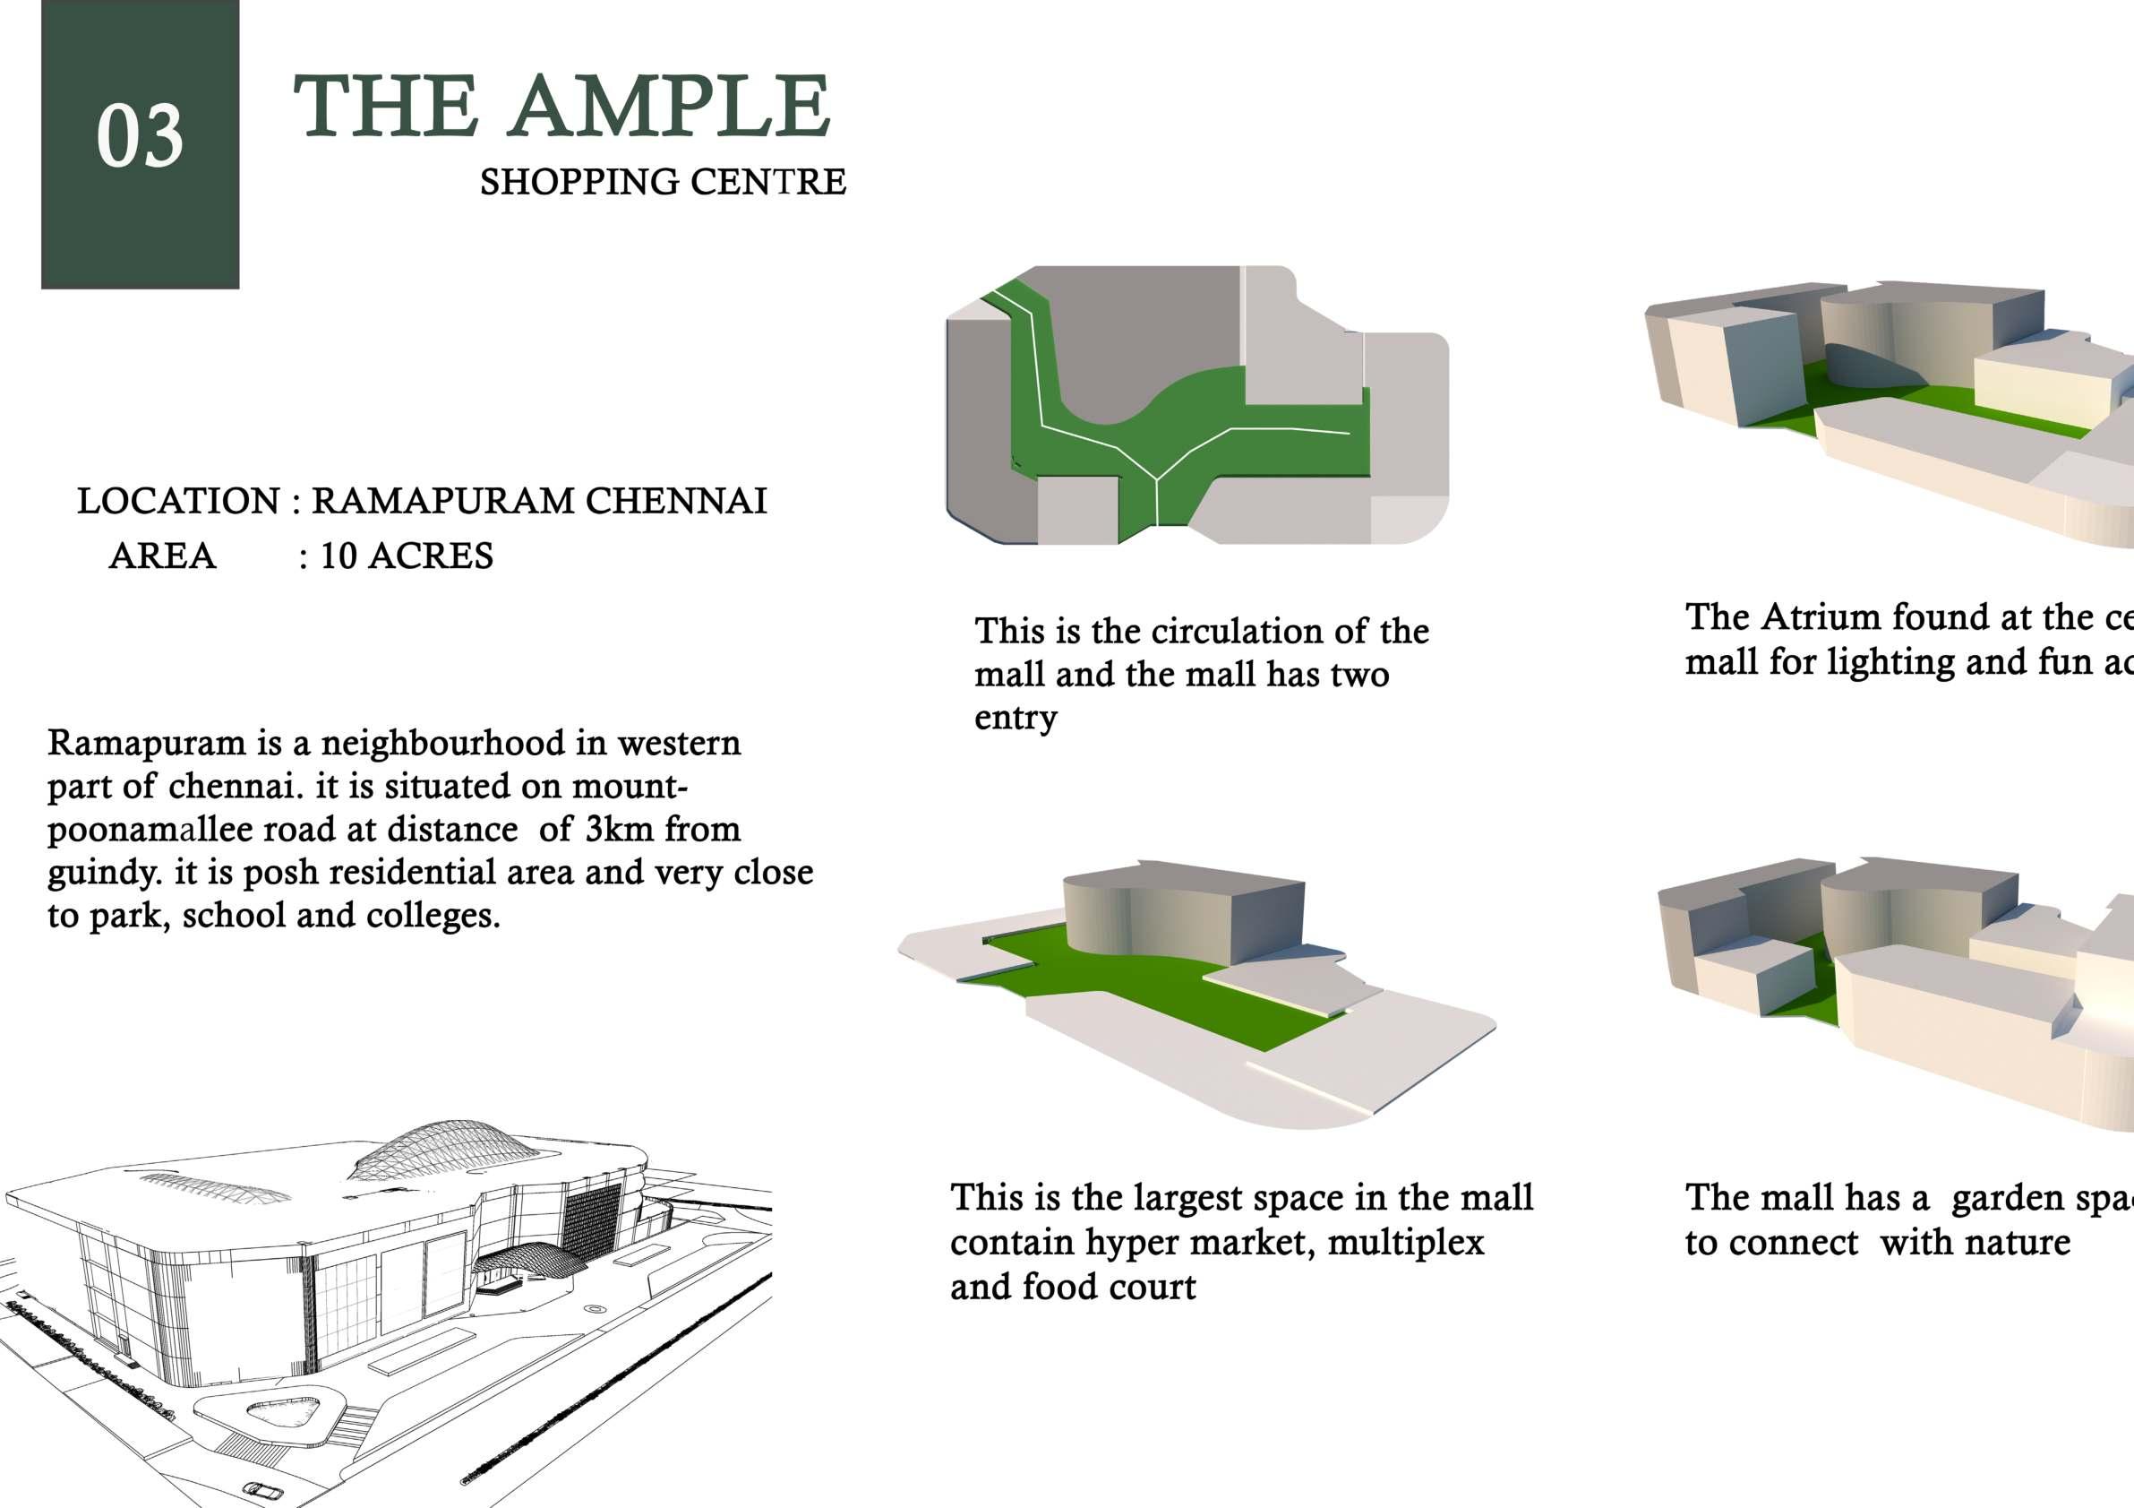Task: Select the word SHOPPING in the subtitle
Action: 578,182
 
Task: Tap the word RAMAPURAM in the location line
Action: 442,501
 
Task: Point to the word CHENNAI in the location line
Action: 676,501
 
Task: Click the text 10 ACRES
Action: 407,556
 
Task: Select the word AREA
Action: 163,556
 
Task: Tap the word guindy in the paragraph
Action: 103,873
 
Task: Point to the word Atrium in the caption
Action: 1821,617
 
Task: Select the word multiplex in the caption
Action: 1405,1242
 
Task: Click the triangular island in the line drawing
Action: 281,1411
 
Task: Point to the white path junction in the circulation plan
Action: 1155,479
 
